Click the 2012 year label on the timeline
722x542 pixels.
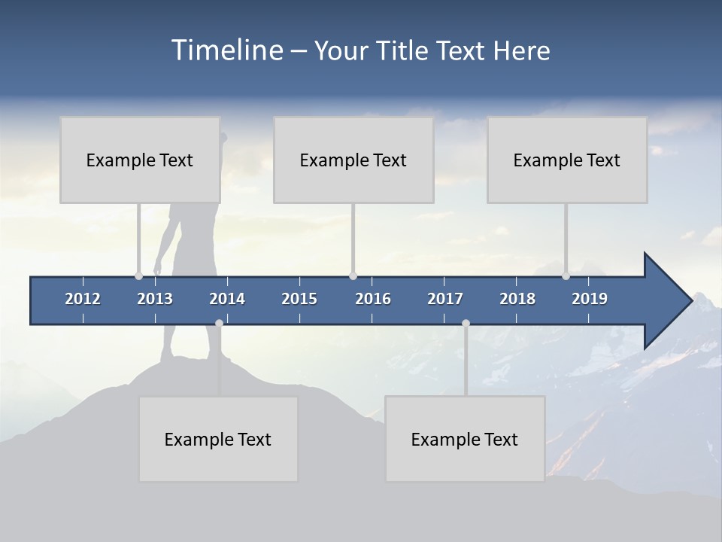tap(83, 299)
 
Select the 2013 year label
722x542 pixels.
tap(155, 299)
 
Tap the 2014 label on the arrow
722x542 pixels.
tap(227, 299)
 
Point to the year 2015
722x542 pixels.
tap(299, 299)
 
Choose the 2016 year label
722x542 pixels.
tap(373, 299)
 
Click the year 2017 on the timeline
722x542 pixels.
tap(445, 299)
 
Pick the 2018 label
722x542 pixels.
tap(517, 299)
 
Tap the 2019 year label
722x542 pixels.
tap(590, 299)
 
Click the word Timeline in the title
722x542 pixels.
tap(225, 50)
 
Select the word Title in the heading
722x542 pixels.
tap(405, 51)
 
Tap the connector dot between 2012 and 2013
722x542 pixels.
tap(138, 276)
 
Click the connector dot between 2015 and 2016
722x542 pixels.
tap(353, 276)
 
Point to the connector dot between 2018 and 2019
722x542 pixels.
tap(566, 276)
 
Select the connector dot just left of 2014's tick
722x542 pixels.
tap(219, 323)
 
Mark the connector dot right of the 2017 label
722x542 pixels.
tap(466, 323)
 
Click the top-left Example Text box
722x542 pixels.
tap(140, 160)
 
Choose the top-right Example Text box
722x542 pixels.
tap(567, 160)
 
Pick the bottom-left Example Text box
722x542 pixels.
tap(218, 439)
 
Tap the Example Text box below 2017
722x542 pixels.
tap(465, 439)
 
